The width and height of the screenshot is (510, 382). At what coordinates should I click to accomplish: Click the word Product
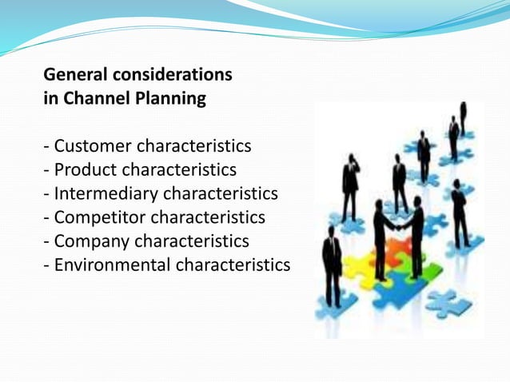point(86,170)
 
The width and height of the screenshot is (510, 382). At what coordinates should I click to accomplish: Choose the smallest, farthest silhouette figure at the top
point(463,117)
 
